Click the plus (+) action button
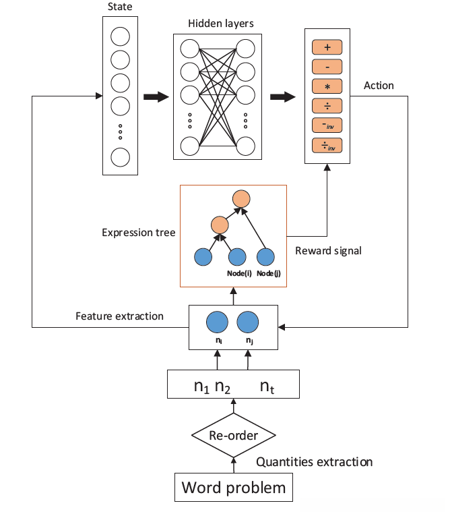(327, 47)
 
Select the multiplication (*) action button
(327, 86)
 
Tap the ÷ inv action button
(327, 144)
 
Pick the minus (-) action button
(327, 66)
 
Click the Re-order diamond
(233, 435)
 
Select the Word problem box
(234, 487)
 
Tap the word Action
(379, 86)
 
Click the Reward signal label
(328, 250)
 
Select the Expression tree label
(139, 233)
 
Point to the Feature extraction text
(119, 315)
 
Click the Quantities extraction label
(315, 462)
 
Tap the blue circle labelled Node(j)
(266, 257)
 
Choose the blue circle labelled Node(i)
(236, 257)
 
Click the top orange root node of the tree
(241, 199)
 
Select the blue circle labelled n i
(216, 322)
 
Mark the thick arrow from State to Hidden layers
(155, 97)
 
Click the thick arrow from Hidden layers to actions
(282, 97)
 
